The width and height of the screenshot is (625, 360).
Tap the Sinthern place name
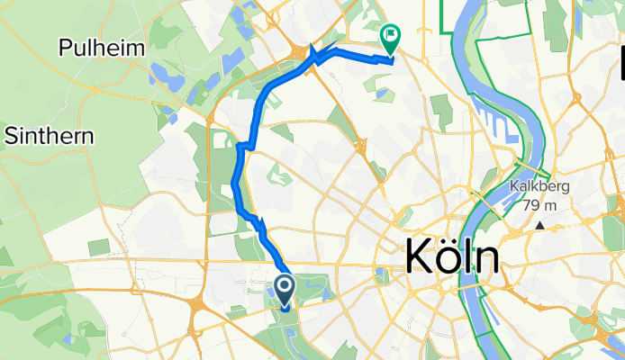[50, 136]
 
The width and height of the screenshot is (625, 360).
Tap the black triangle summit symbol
[539, 226]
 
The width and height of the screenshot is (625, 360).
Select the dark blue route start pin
[284, 290]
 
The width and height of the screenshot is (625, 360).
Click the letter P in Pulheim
[67, 48]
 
